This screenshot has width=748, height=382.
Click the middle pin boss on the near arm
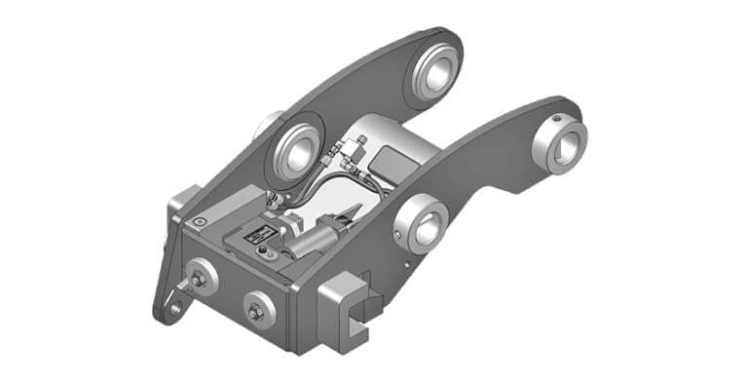[x=422, y=223]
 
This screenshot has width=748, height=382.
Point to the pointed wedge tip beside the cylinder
[x=349, y=215]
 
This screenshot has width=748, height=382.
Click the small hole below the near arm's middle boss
[x=405, y=261]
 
